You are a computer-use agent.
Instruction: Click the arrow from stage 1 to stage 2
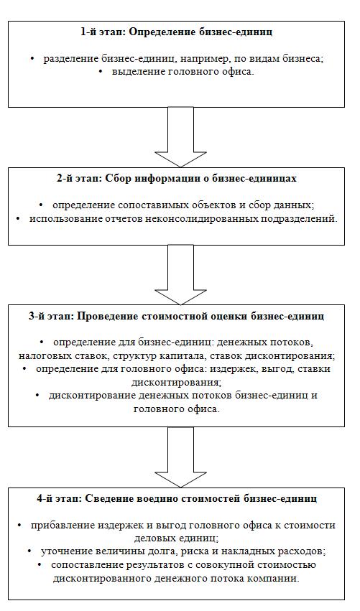pyautogui.click(x=180, y=137)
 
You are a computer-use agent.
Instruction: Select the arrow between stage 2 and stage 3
pyautogui.click(x=180, y=275)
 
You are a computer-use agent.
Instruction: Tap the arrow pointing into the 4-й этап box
pyautogui.click(x=180, y=457)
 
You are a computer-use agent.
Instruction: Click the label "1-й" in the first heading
pyautogui.click(x=88, y=32)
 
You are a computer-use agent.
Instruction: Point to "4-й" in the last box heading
pyautogui.click(x=43, y=498)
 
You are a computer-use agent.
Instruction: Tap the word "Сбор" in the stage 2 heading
pyautogui.click(x=118, y=179)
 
